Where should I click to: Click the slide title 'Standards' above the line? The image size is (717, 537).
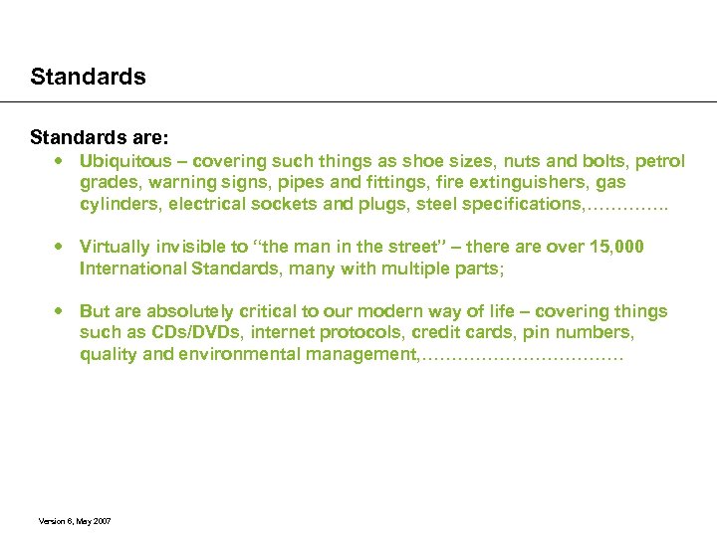coord(88,77)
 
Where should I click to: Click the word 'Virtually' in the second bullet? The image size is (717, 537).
coord(115,246)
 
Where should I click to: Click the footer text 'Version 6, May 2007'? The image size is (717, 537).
coord(75,520)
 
